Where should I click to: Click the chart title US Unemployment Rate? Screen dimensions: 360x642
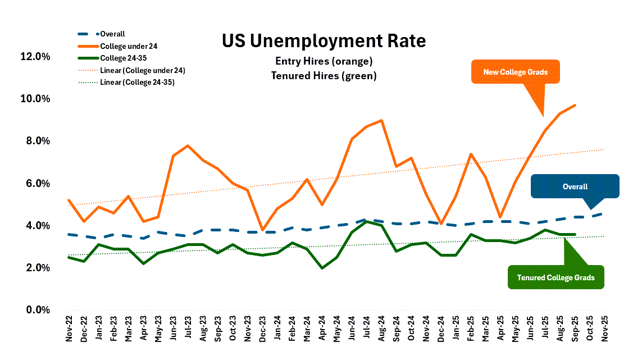[324, 41]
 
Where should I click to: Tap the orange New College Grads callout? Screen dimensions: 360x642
[514, 72]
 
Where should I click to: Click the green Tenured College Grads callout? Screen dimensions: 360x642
[556, 277]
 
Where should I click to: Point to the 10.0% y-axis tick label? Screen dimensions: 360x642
[36, 99]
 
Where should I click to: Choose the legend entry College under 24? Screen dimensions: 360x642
[133, 46]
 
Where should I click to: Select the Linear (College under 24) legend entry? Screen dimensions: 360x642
[142, 70]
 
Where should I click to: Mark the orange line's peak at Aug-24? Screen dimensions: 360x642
[381, 120]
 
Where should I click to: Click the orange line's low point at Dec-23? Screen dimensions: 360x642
[263, 230]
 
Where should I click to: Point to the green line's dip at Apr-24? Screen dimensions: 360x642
[322, 268]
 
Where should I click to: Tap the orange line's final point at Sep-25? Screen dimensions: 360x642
[574, 105]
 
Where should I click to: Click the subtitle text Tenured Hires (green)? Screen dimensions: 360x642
[324, 75]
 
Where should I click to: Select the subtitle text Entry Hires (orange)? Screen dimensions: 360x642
[324, 61]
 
